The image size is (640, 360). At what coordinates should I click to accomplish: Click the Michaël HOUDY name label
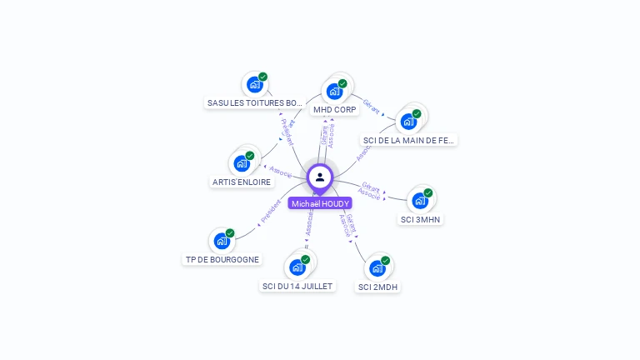pyautogui.click(x=320, y=203)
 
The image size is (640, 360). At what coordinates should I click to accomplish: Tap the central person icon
pyautogui.click(x=320, y=177)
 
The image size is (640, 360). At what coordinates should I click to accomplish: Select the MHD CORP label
pyautogui.click(x=334, y=109)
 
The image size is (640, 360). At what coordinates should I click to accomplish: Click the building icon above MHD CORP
pyautogui.click(x=335, y=91)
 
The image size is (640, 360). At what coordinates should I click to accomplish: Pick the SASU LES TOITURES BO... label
pyautogui.click(x=255, y=102)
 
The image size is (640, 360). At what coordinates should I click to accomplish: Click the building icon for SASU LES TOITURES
pyautogui.click(x=255, y=84)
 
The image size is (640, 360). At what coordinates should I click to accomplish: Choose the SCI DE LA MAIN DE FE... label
pyautogui.click(x=408, y=140)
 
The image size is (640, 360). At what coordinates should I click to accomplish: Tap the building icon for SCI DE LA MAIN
pyautogui.click(x=408, y=121)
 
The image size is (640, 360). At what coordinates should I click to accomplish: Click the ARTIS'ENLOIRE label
pyautogui.click(x=242, y=182)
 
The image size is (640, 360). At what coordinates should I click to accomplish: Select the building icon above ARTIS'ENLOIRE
pyautogui.click(x=242, y=162)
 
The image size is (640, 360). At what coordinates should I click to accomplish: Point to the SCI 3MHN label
pyautogui.click(x=421, y=219)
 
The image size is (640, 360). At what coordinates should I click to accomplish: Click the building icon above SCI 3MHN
pyautogui.click(x=420, y=200)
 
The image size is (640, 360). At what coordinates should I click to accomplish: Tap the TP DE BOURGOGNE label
pyautogui.click(x=222, y=259)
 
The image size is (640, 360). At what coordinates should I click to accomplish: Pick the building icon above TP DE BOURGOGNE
pyautogui.click(x=222, y=240)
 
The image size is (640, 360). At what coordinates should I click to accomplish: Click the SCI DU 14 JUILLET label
pyautogui.click(x=297, y=286)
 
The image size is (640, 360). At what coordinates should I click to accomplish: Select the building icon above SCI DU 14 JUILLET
pyautogui.click(x=297, y=267)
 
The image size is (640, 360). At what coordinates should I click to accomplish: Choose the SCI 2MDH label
pyautogui.click(x=377, y=287)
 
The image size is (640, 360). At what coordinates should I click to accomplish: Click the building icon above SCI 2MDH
pyautogui.click(x=377, y=267)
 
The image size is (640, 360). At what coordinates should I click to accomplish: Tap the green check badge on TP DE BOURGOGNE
pyautogui.click(x=230, y=233)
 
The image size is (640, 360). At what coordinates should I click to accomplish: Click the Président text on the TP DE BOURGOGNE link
pyautogui.click(x=270, y=211)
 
